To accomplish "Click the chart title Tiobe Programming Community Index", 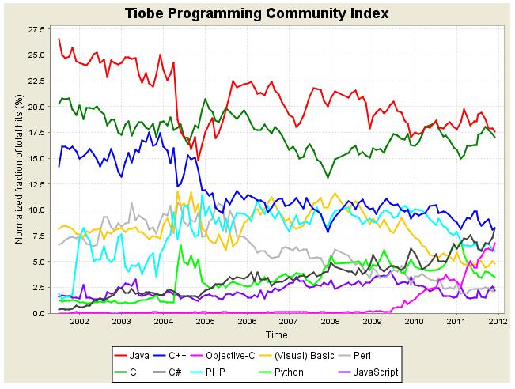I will pos(257,13).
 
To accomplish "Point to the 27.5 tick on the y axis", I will pos(36,29).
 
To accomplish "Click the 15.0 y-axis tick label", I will pos(36,158).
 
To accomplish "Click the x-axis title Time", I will pos(276,335).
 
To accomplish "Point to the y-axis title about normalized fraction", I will pos(17,171).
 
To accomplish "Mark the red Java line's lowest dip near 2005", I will pos(198,161).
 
